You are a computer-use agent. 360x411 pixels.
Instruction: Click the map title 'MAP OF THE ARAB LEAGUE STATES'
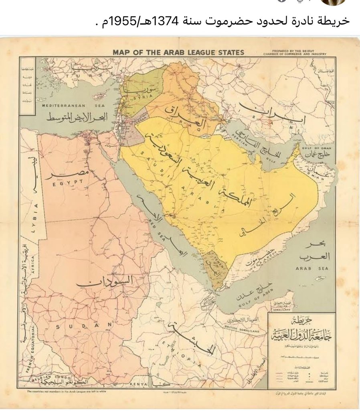tap(178, 52)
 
